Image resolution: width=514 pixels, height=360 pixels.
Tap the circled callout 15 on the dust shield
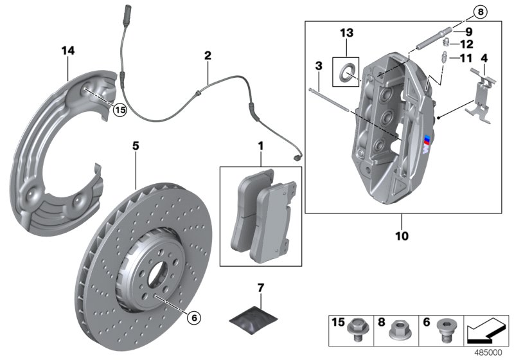pyautogui.click(x=119, y=110)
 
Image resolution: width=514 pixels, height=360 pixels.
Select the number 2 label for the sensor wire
pyautogui.click(x=207, y=56)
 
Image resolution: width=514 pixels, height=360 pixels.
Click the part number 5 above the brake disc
pyautogui.click(x=136, y=146)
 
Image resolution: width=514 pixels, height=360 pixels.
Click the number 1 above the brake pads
pyautogui.click(x=260, y=147)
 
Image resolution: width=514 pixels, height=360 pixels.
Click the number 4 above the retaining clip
pyautogui.click(x=484, y=59)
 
